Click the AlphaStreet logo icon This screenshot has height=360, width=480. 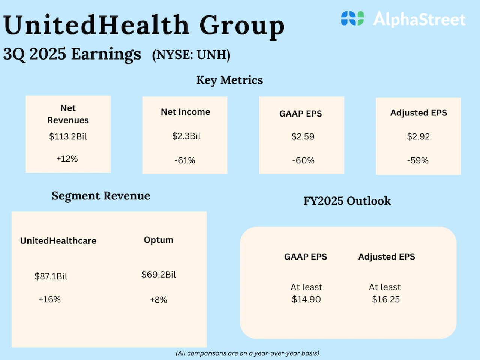[x=352, y=18]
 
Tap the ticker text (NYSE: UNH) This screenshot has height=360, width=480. [x=191, y=55]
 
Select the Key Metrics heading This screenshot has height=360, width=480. [x=229, y=80]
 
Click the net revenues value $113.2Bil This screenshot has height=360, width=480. [x=68, y=136]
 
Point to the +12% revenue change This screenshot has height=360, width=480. [x=67, y=159]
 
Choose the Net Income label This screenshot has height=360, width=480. [x=185, y=112]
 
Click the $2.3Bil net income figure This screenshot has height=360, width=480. [x=186, y=136]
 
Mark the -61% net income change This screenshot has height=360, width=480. [x=185, y=160]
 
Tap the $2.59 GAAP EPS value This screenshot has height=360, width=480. [x=303, y=136]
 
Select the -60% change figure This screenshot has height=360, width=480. [x=303, y=160]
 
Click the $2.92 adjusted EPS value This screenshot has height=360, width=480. [x=418, y=136]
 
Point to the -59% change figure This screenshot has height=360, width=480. [x=418, y=160]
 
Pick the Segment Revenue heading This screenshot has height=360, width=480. [x=101, y=196]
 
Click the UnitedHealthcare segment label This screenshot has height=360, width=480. [x=58, y=241]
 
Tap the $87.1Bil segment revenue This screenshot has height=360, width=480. [x=51, y=276]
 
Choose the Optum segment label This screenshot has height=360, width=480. [x=158, y=240]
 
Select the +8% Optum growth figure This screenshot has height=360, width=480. [x=158, y=300]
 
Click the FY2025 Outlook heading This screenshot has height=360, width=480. [x=347, y=201]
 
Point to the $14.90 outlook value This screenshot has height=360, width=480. [x=306, y=299]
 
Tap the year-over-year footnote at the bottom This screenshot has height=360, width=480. [x=247, y=353]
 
